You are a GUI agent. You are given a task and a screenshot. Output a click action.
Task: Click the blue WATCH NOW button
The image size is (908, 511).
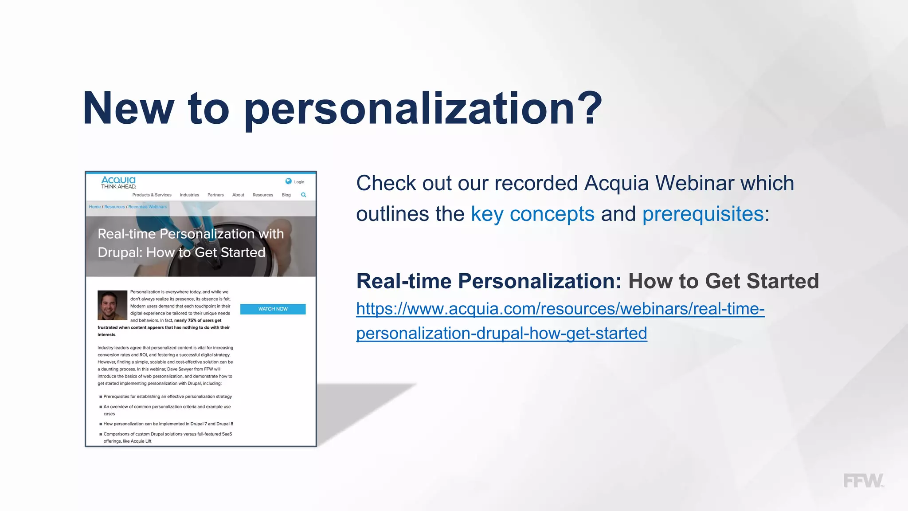point(273,309)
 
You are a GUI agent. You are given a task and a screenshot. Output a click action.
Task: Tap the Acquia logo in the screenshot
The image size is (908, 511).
point(118,182)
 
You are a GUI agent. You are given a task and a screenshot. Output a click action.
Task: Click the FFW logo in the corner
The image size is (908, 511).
point(863,481)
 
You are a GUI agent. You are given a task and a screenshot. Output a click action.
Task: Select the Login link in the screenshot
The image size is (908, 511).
point(299,182)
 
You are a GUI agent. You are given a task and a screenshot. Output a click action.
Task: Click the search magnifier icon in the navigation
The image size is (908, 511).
point(304,195)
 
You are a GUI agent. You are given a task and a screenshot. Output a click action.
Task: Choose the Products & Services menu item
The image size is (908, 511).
point(152,195)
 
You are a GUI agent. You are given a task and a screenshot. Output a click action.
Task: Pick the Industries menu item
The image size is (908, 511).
point(189,195)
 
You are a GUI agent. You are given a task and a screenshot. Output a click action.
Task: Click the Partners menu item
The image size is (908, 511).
point(215,195)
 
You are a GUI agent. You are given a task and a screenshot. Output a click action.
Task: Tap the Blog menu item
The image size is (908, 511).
point(286,195)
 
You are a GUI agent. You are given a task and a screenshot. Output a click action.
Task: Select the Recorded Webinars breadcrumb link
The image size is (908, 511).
point(148,207)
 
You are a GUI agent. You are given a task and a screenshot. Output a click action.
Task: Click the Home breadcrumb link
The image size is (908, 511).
point(94,207)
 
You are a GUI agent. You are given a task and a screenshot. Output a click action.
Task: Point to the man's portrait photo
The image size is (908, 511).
point(112,305)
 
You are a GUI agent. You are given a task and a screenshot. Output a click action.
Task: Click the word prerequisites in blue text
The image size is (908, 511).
point(703,214)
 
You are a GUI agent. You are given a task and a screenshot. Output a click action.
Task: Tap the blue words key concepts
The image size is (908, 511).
point(532,214)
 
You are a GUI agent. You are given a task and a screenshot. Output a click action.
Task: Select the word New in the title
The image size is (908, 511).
point(129,108)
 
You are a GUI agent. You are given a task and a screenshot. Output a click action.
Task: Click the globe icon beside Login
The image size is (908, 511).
point(289,181)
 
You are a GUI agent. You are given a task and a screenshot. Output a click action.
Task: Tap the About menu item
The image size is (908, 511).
point(238,195)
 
